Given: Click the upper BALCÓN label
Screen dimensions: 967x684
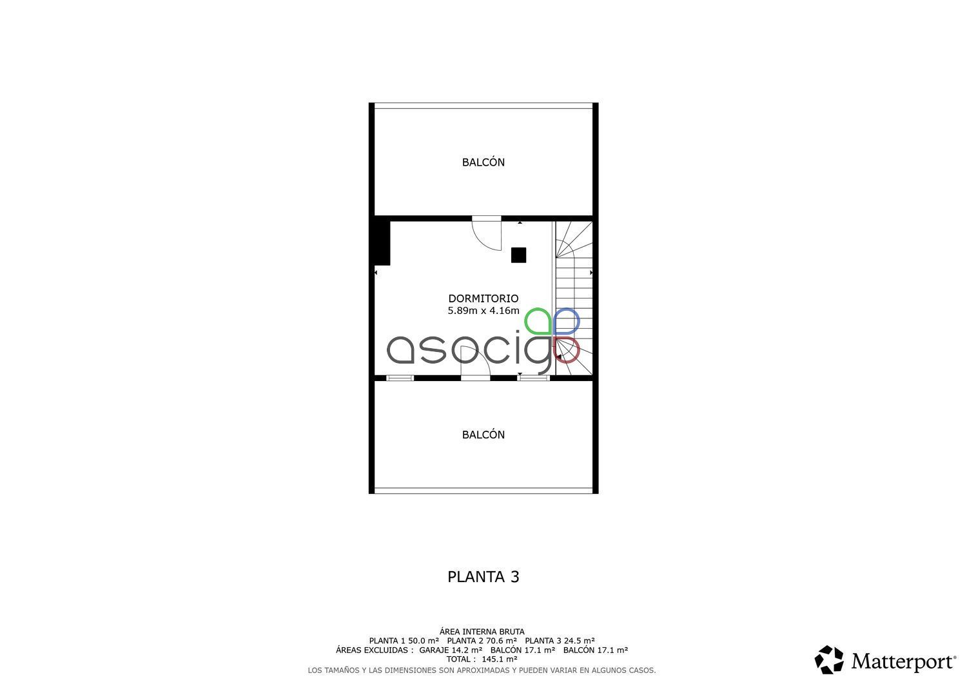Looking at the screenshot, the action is (x=483, y=162).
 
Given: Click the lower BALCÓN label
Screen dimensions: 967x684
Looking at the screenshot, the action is (x=483, y=435).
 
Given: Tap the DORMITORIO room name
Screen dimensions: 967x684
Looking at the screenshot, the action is (x=483, y=298).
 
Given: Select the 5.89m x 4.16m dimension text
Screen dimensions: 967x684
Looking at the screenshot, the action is (x=483, y=311).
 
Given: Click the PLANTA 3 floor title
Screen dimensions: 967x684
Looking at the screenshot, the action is (x=483, y=577).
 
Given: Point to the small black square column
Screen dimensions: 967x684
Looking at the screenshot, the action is (x=518, y=255).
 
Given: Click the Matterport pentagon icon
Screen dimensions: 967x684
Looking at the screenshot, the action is (x=829, y=660).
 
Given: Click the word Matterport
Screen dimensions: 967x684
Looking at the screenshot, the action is (x=904, y=661).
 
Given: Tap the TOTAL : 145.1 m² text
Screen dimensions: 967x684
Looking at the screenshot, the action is (x=482, y=660).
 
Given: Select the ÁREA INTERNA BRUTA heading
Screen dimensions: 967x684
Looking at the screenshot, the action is (x=482, y=632).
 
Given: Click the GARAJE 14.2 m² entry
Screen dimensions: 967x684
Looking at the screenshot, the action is (x=451, y=650).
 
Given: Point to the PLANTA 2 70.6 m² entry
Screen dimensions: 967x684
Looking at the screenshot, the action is (x=482, y=641).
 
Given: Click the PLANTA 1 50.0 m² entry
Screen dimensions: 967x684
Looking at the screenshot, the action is (x=404, y=641).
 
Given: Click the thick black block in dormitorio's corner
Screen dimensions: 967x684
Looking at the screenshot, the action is (x=382, y=242).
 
